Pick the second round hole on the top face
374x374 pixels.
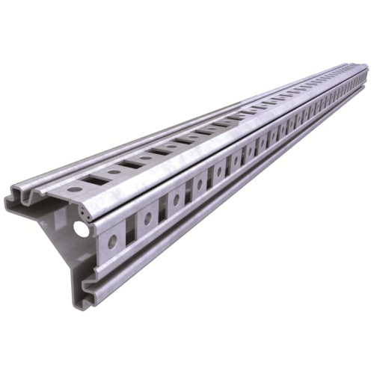point(114,171)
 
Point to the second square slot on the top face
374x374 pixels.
point(132,164)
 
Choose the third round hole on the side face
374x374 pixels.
point(177,200)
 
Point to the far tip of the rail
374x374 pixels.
point(366,76)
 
